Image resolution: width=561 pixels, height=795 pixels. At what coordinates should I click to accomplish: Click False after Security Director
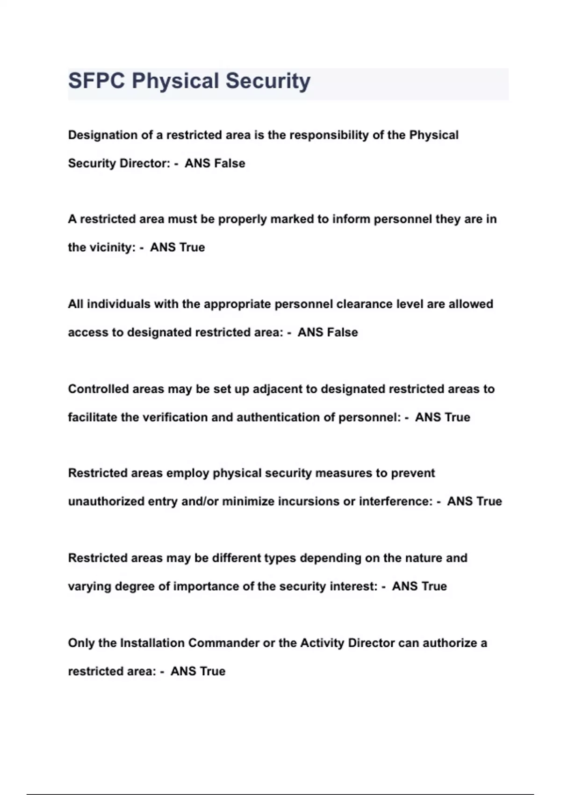(230, 163)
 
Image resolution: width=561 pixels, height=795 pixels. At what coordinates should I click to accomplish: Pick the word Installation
(152, 643)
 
